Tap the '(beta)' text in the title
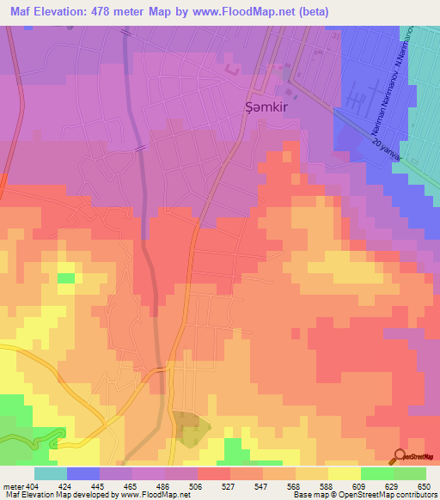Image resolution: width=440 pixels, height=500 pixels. [312, 11]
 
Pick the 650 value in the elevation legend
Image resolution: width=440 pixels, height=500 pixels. [425, 486]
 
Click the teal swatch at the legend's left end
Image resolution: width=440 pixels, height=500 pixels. [51, 473]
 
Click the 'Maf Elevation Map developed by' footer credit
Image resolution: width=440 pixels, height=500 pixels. [63, 495]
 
